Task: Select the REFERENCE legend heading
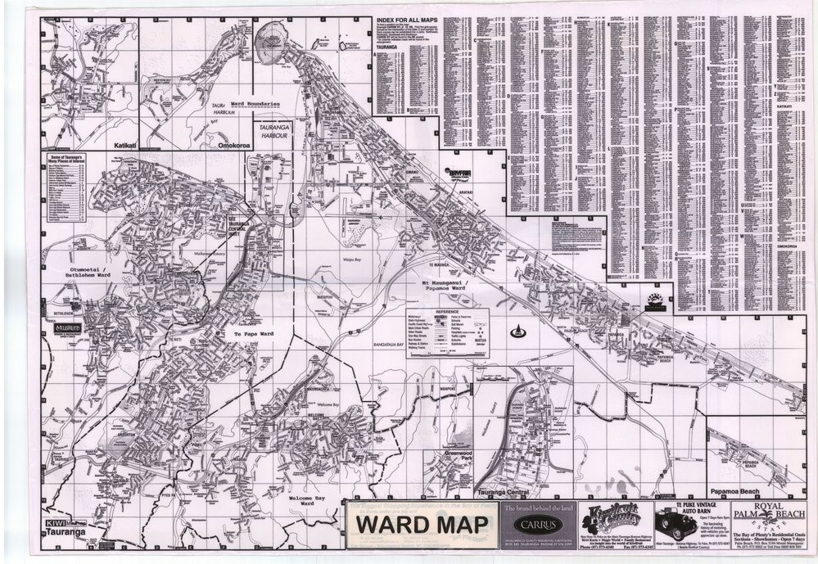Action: (x=447, y=312)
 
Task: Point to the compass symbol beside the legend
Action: (x=517, y=332)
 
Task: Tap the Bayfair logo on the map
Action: (x=459, y=174)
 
